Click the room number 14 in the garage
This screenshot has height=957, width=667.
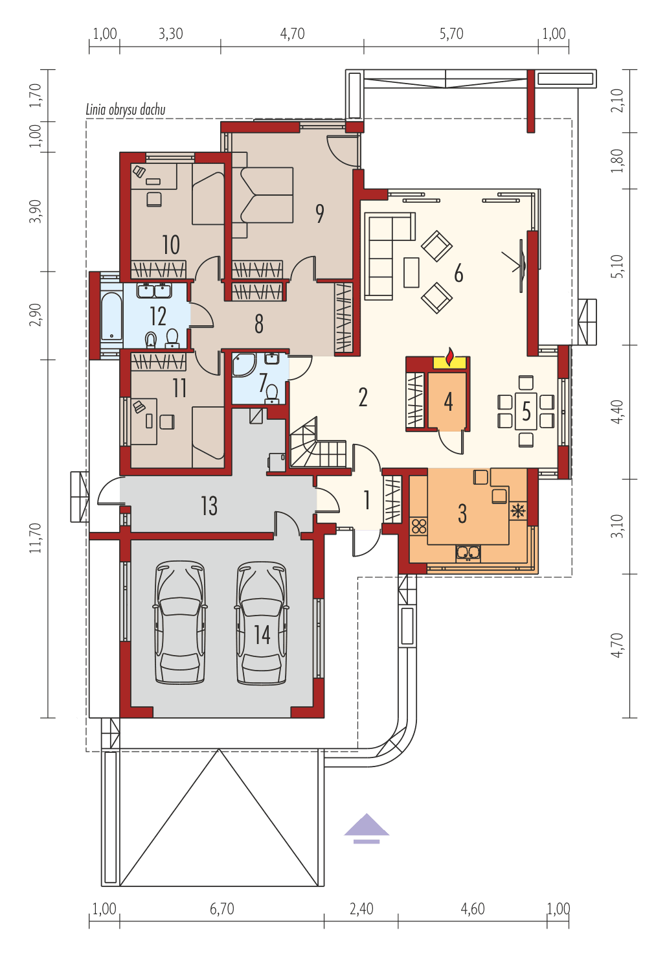(262, 634)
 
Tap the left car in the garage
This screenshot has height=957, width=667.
(180, 622)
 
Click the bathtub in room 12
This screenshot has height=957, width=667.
(111, 316)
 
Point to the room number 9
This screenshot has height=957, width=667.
(319, 213)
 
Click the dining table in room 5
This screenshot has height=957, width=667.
(526, 411)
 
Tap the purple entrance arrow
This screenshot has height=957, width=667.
(367, 828)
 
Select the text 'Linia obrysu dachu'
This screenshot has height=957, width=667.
(126, 110)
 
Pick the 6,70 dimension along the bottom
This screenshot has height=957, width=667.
(221, 909)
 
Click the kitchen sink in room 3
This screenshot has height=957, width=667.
(468, 552)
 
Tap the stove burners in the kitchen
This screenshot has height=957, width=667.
(418, 525)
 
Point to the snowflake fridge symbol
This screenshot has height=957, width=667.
(517, 511)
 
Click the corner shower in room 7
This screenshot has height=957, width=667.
(243, 365)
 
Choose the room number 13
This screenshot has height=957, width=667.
(209, 506)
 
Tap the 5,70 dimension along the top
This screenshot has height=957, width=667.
(451, 34)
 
